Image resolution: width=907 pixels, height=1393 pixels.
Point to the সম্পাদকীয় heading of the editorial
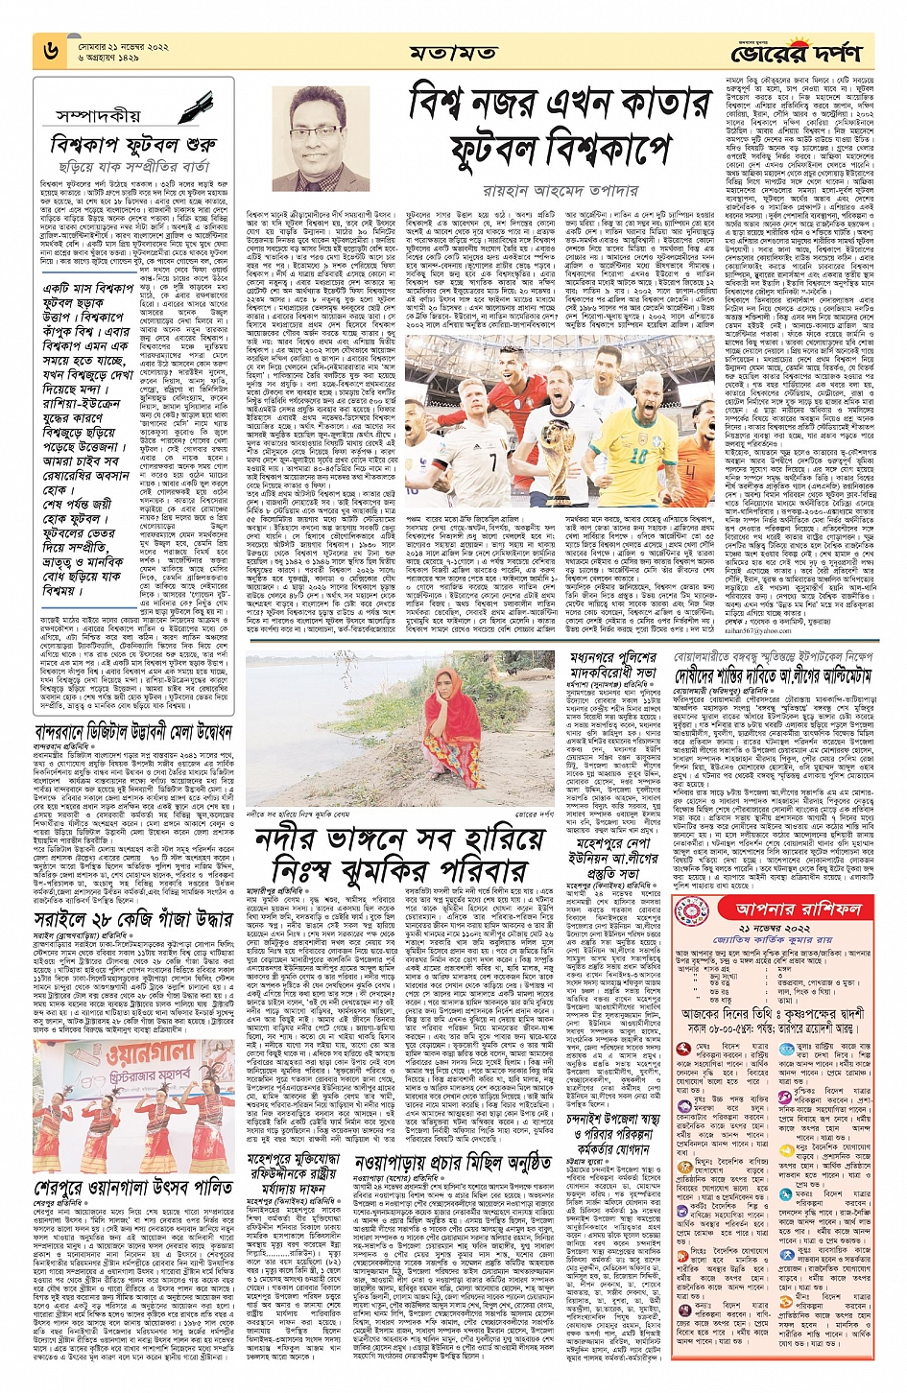click(98, 115)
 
